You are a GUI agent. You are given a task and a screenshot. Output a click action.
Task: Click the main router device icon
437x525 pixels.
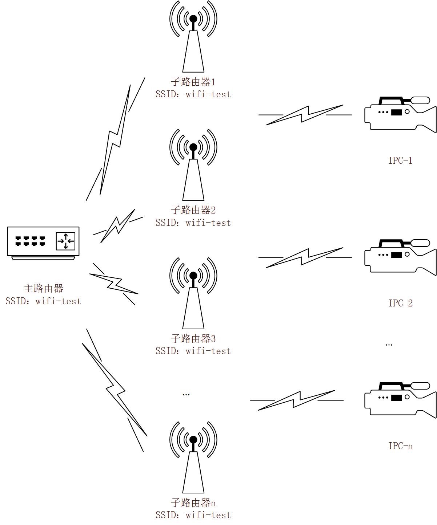[43, 243]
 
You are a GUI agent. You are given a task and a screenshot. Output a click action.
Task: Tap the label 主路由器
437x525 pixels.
[43, 289]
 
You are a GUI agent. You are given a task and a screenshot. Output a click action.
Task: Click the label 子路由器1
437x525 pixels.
[193, 81]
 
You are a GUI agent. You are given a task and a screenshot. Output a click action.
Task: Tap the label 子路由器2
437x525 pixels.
[193, 210]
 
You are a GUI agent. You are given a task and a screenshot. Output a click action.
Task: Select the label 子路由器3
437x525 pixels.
[193, 338]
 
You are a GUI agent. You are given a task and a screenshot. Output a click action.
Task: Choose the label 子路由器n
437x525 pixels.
[193, 503]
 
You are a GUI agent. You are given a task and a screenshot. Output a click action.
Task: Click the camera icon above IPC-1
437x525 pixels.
[400, 114]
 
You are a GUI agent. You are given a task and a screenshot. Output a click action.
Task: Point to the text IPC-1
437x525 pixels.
[400, 160]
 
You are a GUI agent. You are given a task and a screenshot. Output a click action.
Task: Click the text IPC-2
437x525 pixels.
[400, 303]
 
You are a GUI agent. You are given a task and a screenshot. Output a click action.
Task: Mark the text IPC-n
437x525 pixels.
[400, 446]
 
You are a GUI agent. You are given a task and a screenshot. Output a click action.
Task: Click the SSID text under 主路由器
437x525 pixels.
[43, 301]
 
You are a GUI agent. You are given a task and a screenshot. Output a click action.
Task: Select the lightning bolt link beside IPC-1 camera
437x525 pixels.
[305, 115]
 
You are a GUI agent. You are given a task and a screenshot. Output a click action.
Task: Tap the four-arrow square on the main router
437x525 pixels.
[65, 241]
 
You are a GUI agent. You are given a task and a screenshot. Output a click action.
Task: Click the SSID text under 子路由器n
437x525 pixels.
[193, 515]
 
